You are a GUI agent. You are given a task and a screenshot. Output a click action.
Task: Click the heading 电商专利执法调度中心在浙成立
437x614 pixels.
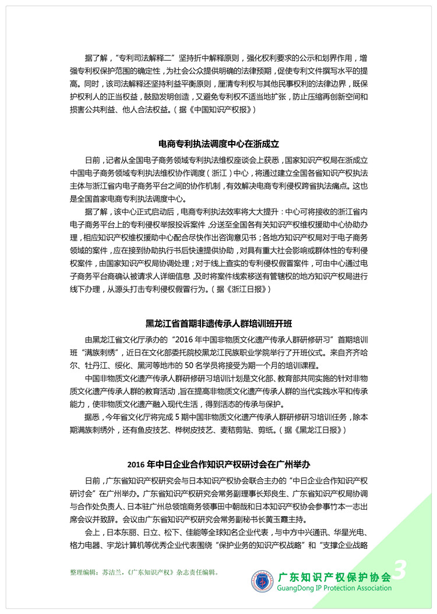(x=218, y=143)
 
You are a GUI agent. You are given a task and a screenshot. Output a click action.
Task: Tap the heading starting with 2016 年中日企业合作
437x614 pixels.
(x=218, y=465)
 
